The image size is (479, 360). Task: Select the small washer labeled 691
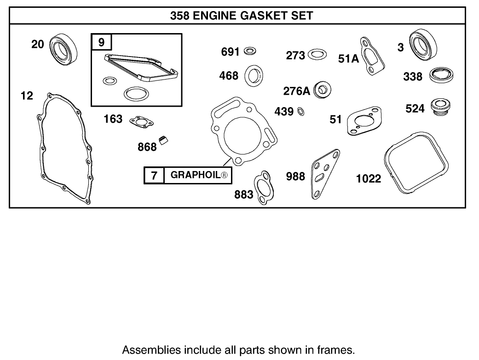(250, 50)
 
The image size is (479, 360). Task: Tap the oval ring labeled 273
(317, 55)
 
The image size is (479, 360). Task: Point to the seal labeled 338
(442, 75)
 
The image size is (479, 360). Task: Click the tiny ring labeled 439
(300, 111)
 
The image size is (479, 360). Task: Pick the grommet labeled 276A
(322, 90)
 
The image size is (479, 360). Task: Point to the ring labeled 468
(253, 75)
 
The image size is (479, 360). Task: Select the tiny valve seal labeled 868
(164, 141)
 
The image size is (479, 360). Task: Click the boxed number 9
(102, 43)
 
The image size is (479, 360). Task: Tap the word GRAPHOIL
(197, 175)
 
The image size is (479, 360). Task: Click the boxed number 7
(154, 175)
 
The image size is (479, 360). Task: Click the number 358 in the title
(180, 16)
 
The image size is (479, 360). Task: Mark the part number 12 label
(27, 96)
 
